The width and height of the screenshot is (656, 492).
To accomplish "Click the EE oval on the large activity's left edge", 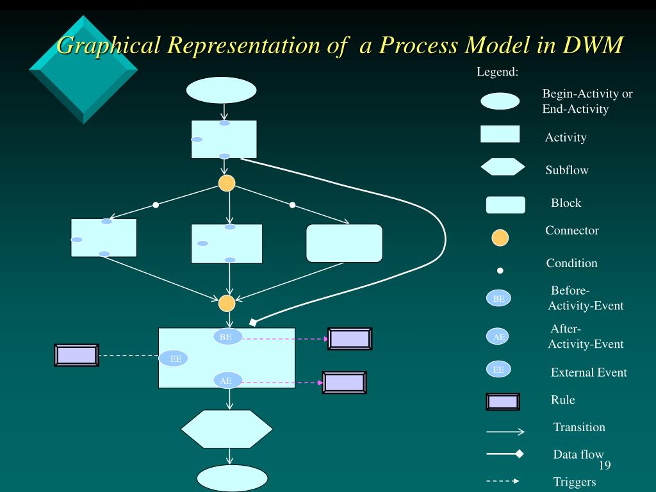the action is click(x=173, y=359).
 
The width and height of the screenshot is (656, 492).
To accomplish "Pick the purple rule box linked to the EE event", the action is click(x=77, y=355).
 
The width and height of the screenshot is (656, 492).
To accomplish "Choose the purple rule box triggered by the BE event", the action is click(x=350, y=339).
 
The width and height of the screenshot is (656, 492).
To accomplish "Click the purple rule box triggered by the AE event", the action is click(x=344, y=382).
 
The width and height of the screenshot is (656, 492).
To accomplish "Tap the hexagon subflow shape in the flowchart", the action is click(x=227, y=429).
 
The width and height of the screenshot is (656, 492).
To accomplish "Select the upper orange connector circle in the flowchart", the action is click(x=227, y=183).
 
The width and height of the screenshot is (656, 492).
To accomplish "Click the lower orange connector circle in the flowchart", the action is click(x=227, y=303).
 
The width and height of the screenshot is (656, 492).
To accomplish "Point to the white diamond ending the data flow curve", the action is click(x=253, y=322).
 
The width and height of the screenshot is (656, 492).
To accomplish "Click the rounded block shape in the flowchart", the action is click(x=344, y=243).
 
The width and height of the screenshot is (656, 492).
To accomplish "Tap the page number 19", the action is click(x=605, y=465).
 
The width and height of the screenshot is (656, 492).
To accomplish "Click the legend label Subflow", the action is click(x=567, y=170).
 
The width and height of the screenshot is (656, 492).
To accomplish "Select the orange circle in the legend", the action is click(x=500, y=238).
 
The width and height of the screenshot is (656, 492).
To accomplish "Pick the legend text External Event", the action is click(x=589, y=372).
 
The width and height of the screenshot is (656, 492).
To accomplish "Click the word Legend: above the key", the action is click(x=497, y=72).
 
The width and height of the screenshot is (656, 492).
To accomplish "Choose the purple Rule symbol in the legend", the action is click(x=503, y=402).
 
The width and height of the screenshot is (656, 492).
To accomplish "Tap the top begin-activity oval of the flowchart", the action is click(x=221, y=90).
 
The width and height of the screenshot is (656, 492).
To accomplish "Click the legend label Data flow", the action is click(x=578, y=454).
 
